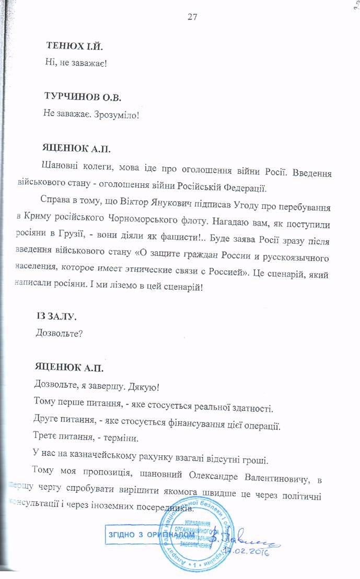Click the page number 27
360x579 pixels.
(x=191, y=17)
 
